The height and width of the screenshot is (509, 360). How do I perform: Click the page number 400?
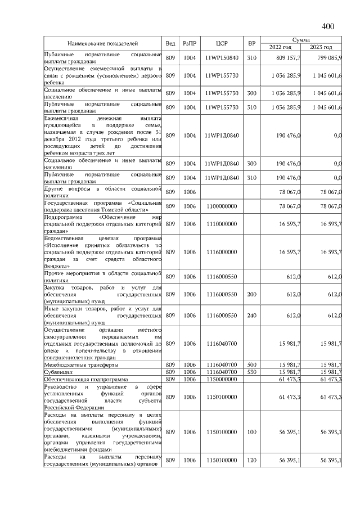(x=328, y=26)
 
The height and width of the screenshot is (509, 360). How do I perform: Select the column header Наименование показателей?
(x=103, y=43)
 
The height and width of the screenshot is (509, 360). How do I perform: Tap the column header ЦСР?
(x=221, y=43)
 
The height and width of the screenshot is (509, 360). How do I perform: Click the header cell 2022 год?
(x=280, y=47)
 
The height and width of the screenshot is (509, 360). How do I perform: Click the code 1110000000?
(x=221, y=224)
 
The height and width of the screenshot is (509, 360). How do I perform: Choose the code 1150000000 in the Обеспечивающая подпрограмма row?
(x=221, y=380)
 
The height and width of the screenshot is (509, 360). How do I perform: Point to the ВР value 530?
(x=251, y=372)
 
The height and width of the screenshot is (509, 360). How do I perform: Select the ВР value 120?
(x=251, y=461)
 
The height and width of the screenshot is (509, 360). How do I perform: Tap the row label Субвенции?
(x=58, y=372)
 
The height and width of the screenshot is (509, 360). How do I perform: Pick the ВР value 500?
(x=251, y=364)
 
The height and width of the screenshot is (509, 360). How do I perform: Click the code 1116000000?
(x=221, y=252)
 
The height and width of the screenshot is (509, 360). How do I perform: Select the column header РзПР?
(x=189, y=43)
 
